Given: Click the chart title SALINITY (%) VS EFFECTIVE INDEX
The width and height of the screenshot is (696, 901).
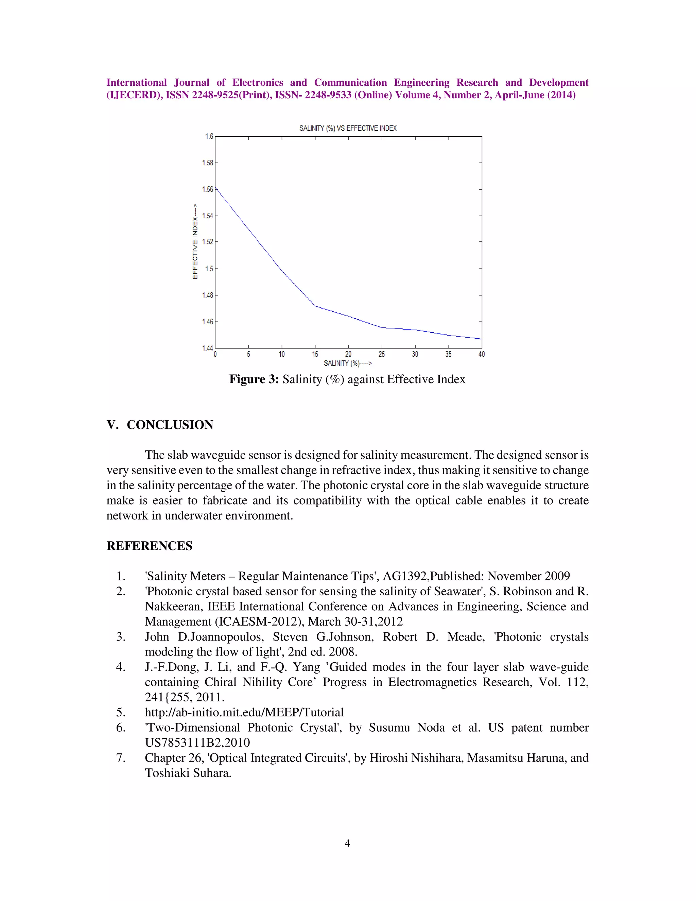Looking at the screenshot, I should pyautogui.click(x=348, y=128).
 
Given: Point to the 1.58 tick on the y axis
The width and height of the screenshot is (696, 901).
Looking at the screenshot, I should pyautogui.click(x=207, y=163).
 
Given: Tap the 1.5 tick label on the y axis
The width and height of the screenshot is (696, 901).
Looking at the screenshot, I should pyautogui.click(x=209, y=269).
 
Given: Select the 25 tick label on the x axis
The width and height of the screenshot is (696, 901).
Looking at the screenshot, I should pyautogui.click(x=381, y=354).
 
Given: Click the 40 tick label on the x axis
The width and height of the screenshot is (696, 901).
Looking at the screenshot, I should pyautogui.click(x=481, y=354).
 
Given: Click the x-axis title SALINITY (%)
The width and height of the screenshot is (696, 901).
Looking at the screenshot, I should pyautogui.click(x=348, y=363).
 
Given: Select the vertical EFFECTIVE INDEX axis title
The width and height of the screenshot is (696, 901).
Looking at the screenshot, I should pyautogui.click(x=195, y=241).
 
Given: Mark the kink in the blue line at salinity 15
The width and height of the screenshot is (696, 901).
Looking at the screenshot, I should pyautogui.click(x=315, y=306).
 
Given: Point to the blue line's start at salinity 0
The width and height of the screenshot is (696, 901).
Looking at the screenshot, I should pyautogui.click(x=216, y=188).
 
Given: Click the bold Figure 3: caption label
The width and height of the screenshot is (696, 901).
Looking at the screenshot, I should pyautogui.click(x=254, y=379).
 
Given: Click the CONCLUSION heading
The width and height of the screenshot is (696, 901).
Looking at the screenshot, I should pyautogui.click(x=170, y=425).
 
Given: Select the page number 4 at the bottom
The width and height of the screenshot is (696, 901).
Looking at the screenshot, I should pyautogui.click(x=347, y=843).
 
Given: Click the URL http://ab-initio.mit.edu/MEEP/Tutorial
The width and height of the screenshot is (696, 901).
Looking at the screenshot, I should pyautogui.click(x=244, y=712).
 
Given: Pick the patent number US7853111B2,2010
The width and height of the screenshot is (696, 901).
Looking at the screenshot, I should pyautogui.click(x=197, y=743).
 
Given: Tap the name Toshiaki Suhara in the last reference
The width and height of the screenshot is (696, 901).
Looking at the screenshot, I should pyautogui.click(x=188, y=773).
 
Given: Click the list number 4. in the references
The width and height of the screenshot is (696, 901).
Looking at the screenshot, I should pyautogui.click(x=120, y=667).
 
